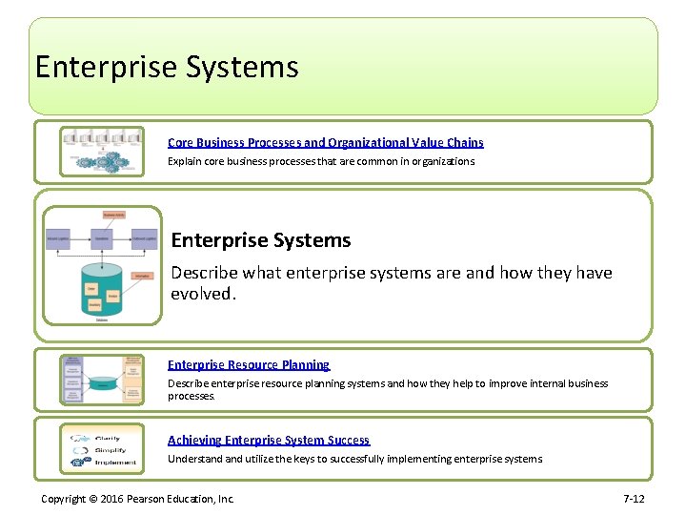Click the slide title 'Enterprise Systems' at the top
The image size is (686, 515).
coord(167,68)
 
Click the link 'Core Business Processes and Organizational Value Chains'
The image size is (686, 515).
coord(325,142)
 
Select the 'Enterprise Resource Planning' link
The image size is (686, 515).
coord(249,364)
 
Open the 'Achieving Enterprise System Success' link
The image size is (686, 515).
coord(269,440)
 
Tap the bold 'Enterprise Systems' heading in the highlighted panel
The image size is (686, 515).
coord(261,240)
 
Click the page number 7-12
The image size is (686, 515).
coord(634,499)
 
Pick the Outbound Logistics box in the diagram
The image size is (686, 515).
coord(144,237)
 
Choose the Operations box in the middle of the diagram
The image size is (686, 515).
coord(102,237)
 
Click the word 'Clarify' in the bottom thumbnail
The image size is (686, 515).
coord(108,439)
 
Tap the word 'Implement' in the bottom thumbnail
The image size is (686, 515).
coord(115,463)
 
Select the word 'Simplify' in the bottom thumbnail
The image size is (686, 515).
coord(110,450)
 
